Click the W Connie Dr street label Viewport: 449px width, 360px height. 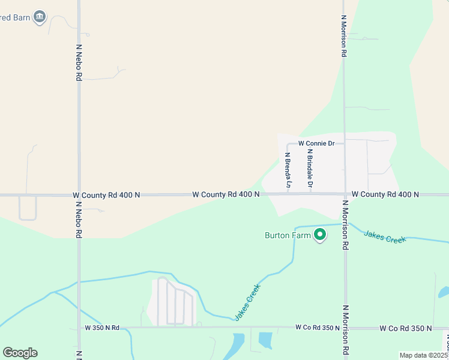pos(315,144)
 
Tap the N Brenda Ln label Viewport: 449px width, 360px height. pos(288,170)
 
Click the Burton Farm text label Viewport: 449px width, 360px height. pos(288,235)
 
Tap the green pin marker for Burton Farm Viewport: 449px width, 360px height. pos(321,235)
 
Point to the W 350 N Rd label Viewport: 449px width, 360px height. pos(102,328)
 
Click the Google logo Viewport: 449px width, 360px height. pos(20,353)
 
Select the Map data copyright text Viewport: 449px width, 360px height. pos(424,355)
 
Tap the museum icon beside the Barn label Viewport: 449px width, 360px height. pos(40,16)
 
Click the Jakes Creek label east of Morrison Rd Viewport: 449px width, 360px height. pos(385,235)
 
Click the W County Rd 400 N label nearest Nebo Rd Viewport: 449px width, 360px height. pos(106,195)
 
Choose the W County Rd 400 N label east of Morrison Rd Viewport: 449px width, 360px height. pos(385,194)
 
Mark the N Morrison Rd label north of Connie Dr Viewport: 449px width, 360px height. pos(343,36)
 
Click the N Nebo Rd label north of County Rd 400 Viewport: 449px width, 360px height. pos(79,61)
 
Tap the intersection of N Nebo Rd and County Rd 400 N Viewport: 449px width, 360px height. pos(79,195)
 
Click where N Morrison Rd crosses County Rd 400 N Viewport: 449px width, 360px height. pos(345,194)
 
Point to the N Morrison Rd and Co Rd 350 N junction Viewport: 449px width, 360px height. pos(345,328)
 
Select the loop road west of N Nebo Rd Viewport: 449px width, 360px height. pos(28,209)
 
